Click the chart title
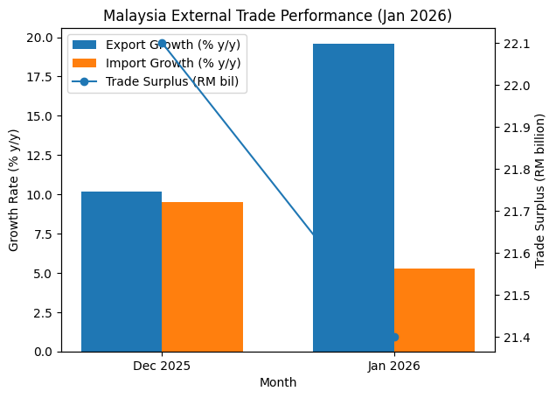pos(276,16)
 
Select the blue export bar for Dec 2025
pos(122,271)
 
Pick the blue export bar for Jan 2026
pos(353,198)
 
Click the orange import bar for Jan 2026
pos(434,310)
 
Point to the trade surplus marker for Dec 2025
pos(162,43)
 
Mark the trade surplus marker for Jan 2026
pos(394,337)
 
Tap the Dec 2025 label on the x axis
pos(162,366)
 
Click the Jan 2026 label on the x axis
pos(394,366)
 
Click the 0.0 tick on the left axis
pos(45,352)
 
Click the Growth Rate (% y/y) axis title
pos(14,191)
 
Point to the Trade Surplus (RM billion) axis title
pos(540,191)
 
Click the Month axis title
pos(278,382)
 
